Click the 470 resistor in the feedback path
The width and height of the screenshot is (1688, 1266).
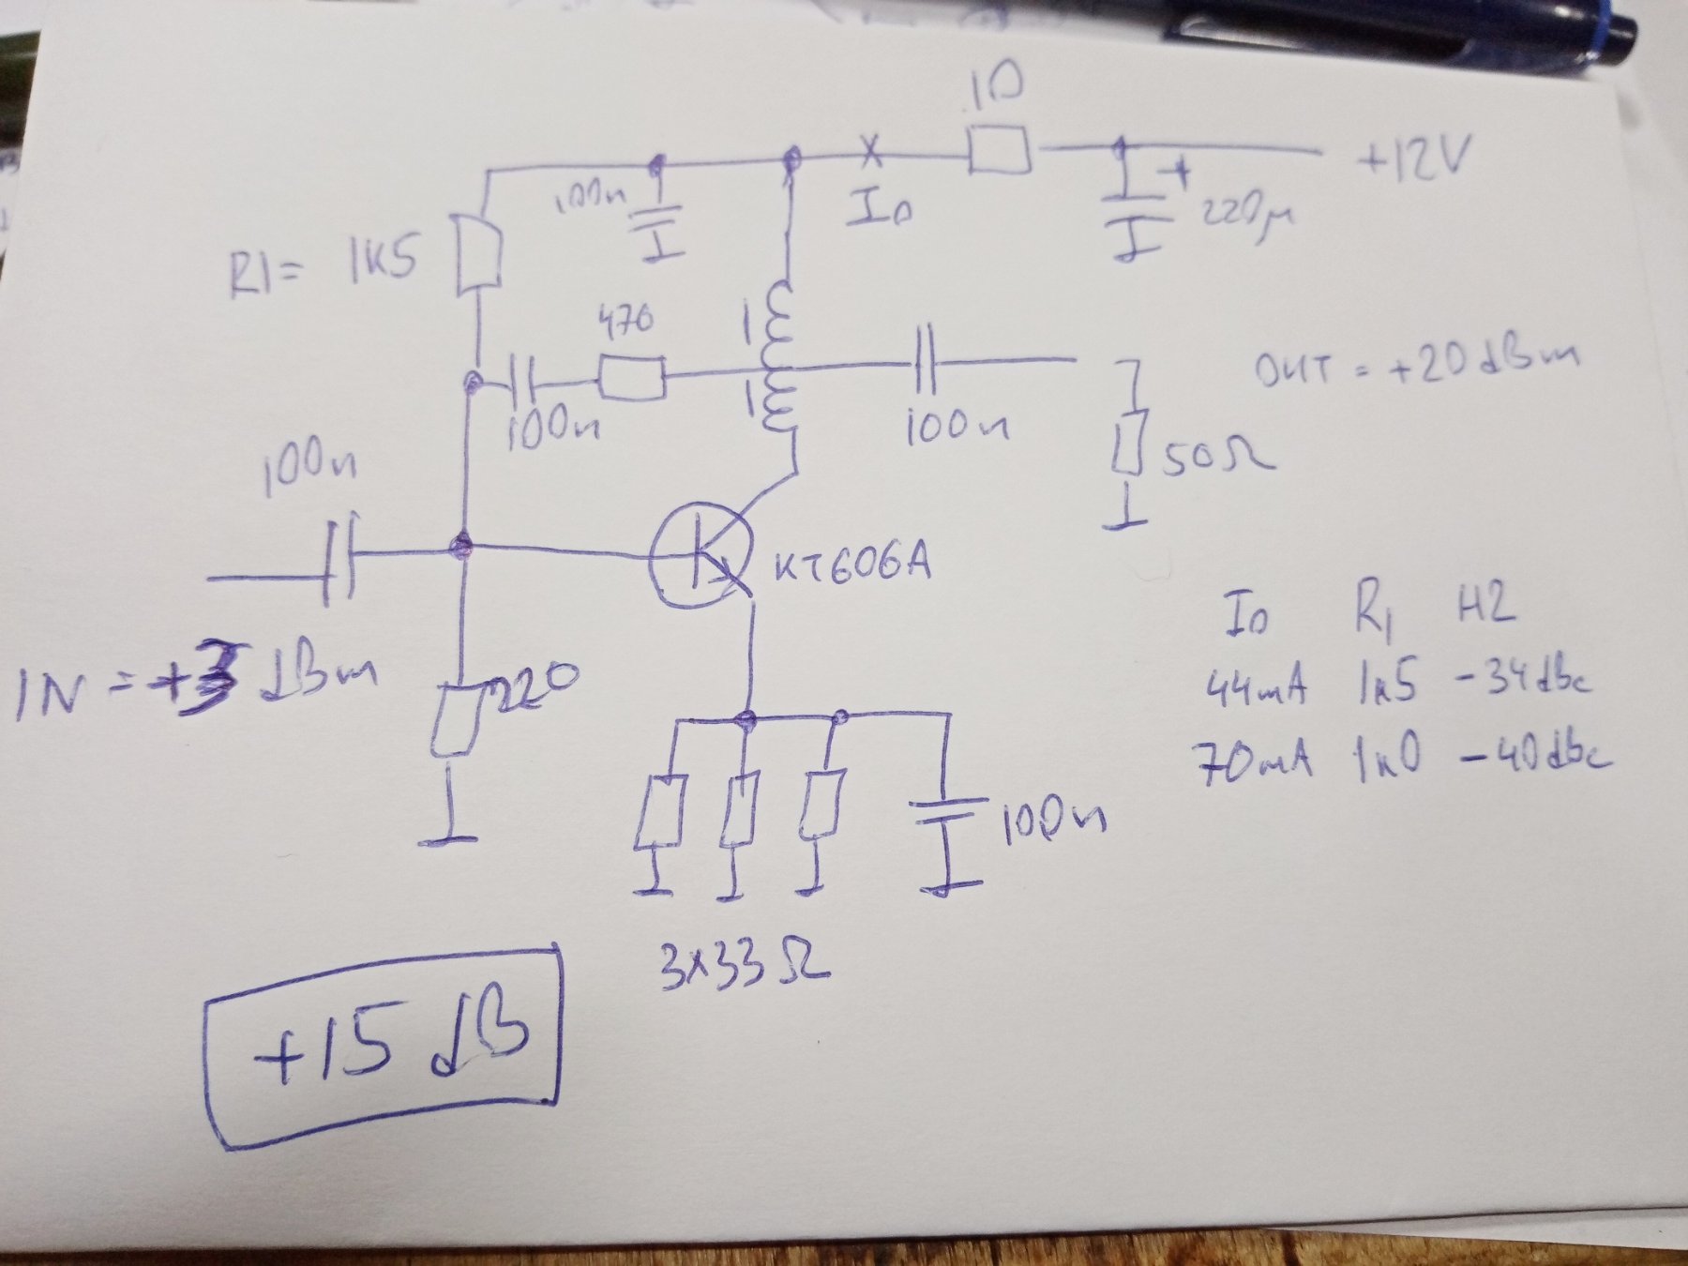point(632,378)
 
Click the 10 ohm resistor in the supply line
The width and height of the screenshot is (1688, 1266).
point(999,150)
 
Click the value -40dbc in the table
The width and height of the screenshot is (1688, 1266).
point(1534,756)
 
